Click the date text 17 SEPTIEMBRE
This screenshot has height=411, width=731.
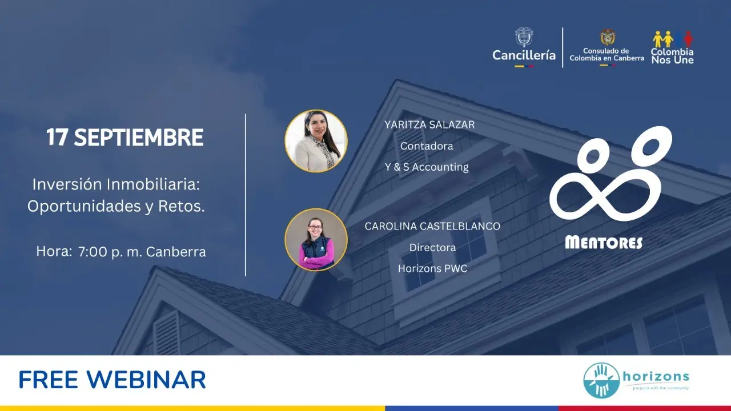125,137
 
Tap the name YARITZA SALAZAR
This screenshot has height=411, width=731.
429,124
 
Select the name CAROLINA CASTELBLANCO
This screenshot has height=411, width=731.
432,226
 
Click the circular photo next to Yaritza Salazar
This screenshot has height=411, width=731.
316,141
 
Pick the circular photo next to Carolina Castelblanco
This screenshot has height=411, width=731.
316,240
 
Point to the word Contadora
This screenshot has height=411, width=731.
427,146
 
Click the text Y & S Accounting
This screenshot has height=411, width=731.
427,167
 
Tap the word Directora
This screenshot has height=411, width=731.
433,248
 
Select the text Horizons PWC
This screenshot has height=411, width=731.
433,268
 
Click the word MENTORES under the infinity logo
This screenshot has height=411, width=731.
604,243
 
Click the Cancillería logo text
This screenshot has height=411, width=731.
524,55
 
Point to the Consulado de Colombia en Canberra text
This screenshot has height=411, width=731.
607,54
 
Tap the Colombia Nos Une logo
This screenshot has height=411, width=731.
673,47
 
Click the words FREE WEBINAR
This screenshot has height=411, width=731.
113,380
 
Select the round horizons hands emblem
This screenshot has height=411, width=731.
601,380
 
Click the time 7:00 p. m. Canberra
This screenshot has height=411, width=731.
142,252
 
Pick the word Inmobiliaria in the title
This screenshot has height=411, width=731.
153,184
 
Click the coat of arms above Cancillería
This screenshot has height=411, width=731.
524,37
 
